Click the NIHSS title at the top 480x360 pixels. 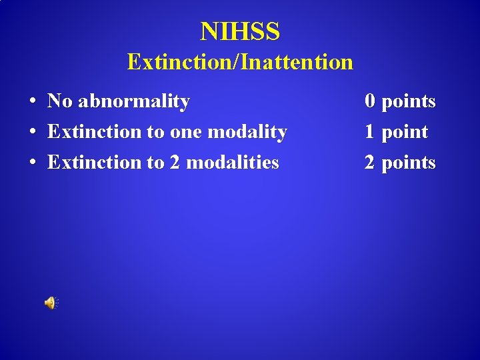pyautogui.click(x=240, y=31)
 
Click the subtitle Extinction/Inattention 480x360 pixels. pyautogui.click(x=240, y=62)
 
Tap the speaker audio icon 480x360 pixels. pyautogui.click(x=51, y=303)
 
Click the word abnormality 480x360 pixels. pyautogui.click(x=134, y=101)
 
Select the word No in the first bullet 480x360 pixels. pyautogui.click(x=60, y=101)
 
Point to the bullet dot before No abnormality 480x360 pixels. pyautogui.click(x=32, y=102)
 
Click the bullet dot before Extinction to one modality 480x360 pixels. pyautogui.click(x=32, y=133)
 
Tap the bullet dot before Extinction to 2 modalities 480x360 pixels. pyautogui.click(x=32, y=163)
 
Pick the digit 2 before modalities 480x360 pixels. pyautogui.click(x=175, y=162)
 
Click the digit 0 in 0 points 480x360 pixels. pyautogui.click(x=370, y=101)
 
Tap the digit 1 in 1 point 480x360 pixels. pyautogui.click(x=370, y=132)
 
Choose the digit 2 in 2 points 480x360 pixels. pyautogui.click(x=370, y=162)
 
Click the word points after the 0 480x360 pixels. pyautogui.click(x=409, y=102)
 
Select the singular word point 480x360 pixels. pyautogui.click(x=405, y=133)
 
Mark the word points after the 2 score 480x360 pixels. pyautogui.click(x=409, y=163)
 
